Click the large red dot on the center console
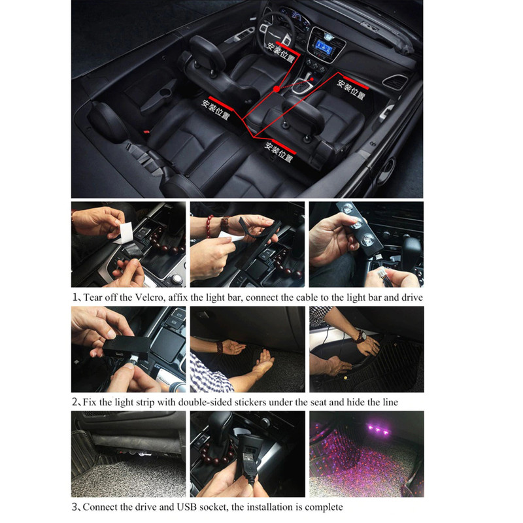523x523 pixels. click(x=276, y=89)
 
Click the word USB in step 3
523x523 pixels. click(x=186, y=507)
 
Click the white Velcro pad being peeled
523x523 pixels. click(x=126, y=232)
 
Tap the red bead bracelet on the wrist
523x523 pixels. click(x=210, y=226)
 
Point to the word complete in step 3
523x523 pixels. click(x=324, y=507)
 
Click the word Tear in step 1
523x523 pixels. click(x=92, y=297)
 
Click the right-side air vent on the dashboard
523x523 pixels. click(x=396, y=82)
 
